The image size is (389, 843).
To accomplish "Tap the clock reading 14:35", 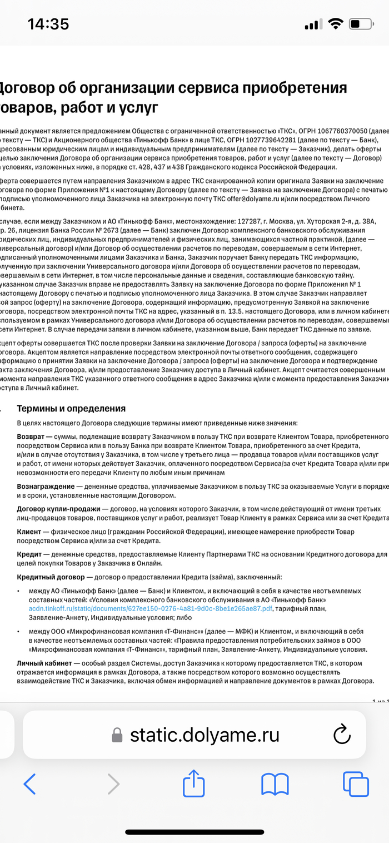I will [x=48, y=24].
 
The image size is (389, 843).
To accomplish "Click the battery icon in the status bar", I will [x=361, y=24].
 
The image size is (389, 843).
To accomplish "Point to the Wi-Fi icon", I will [x=335, y=24].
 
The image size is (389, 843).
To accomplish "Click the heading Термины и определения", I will [x=71, y=409].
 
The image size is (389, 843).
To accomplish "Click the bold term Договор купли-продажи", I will [x=58, y=509].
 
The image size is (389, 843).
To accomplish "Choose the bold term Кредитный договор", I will [x=51, y=578].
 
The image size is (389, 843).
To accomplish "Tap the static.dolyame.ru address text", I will [x=205, y=735].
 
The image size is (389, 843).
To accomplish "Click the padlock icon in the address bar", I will [x=117, y=735].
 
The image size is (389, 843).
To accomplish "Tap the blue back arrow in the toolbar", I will [x=30, y=784].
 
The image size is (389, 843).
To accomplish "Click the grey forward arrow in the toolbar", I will [x=113, y=784].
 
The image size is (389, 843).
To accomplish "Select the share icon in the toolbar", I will [x=194, y=783].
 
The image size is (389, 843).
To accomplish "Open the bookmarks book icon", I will [x=275, y=784].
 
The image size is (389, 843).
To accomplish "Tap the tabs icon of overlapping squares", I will [x=356, y=784].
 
